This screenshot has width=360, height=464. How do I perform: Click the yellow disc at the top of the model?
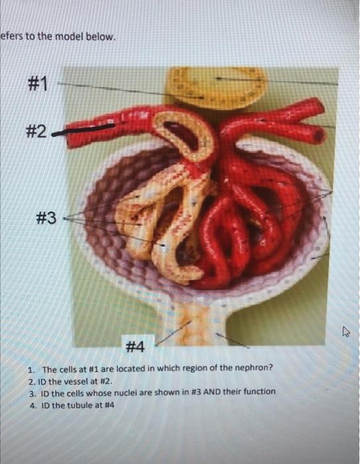[x=217, y=86]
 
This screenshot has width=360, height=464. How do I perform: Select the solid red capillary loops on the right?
[x=252, y=225]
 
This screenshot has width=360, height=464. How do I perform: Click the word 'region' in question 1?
[x=172, y=369]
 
